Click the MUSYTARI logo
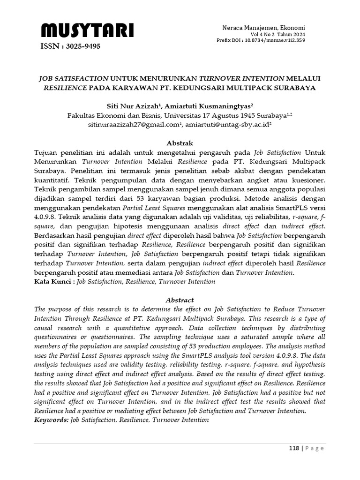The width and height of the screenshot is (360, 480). [87, 31]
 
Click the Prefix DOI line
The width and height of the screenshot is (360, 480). [261, 40]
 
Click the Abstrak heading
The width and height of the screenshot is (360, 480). [180, 143]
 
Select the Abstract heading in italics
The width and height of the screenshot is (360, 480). [180, 300]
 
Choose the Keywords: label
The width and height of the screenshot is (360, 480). [52, 420]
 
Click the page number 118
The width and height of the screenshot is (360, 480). [293, 448]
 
